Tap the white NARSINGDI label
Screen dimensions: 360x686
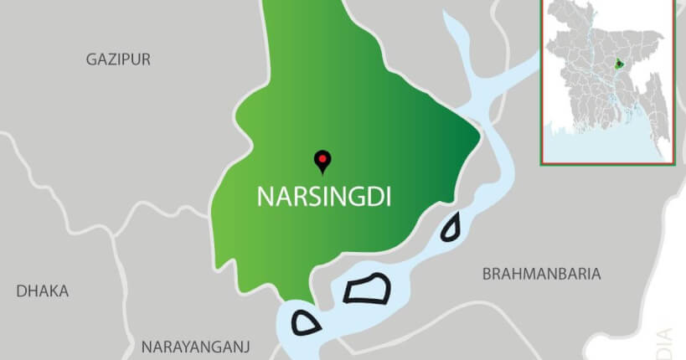coord(324,196)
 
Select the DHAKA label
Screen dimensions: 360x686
coord(43,291)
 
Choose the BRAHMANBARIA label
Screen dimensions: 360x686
coord(542,274)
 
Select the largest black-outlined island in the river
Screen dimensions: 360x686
coord(367,289)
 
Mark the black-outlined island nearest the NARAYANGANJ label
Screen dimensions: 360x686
coord(306,322)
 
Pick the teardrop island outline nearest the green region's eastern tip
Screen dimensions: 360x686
coord(452,227)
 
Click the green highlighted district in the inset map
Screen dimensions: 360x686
coord(620,64)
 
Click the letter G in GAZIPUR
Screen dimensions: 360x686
coord(91,59)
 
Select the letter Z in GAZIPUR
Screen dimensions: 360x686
coord(112,59)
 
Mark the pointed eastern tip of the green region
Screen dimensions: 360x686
coord(479,134)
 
